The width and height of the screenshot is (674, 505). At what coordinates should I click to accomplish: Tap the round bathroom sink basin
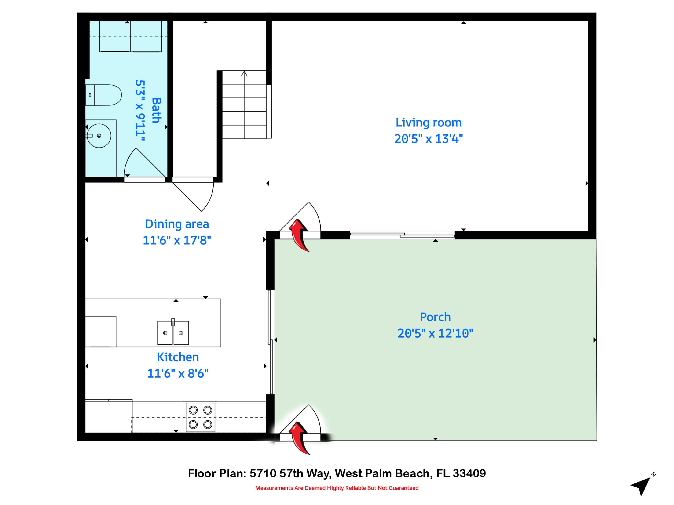pos(99,136)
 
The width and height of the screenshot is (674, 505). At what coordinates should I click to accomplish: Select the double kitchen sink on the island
pos(173,333)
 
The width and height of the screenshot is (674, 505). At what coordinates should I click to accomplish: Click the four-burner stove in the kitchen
pos(200,417)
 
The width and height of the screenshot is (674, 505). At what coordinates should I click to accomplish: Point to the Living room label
pos(429,123)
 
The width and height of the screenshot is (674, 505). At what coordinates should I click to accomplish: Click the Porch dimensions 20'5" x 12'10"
pos(435,333)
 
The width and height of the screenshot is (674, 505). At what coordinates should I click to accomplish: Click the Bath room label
pos(156,110)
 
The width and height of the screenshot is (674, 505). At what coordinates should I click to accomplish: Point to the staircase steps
pos(244,105)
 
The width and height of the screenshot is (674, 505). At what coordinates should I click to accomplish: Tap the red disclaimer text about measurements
pos(337,488)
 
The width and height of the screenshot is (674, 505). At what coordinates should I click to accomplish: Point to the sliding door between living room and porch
pos(402,235)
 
